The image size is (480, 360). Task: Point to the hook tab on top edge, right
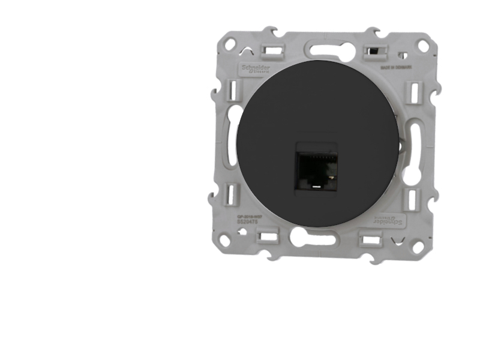pos(372,31)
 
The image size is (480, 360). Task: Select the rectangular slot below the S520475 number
pos(268,236)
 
